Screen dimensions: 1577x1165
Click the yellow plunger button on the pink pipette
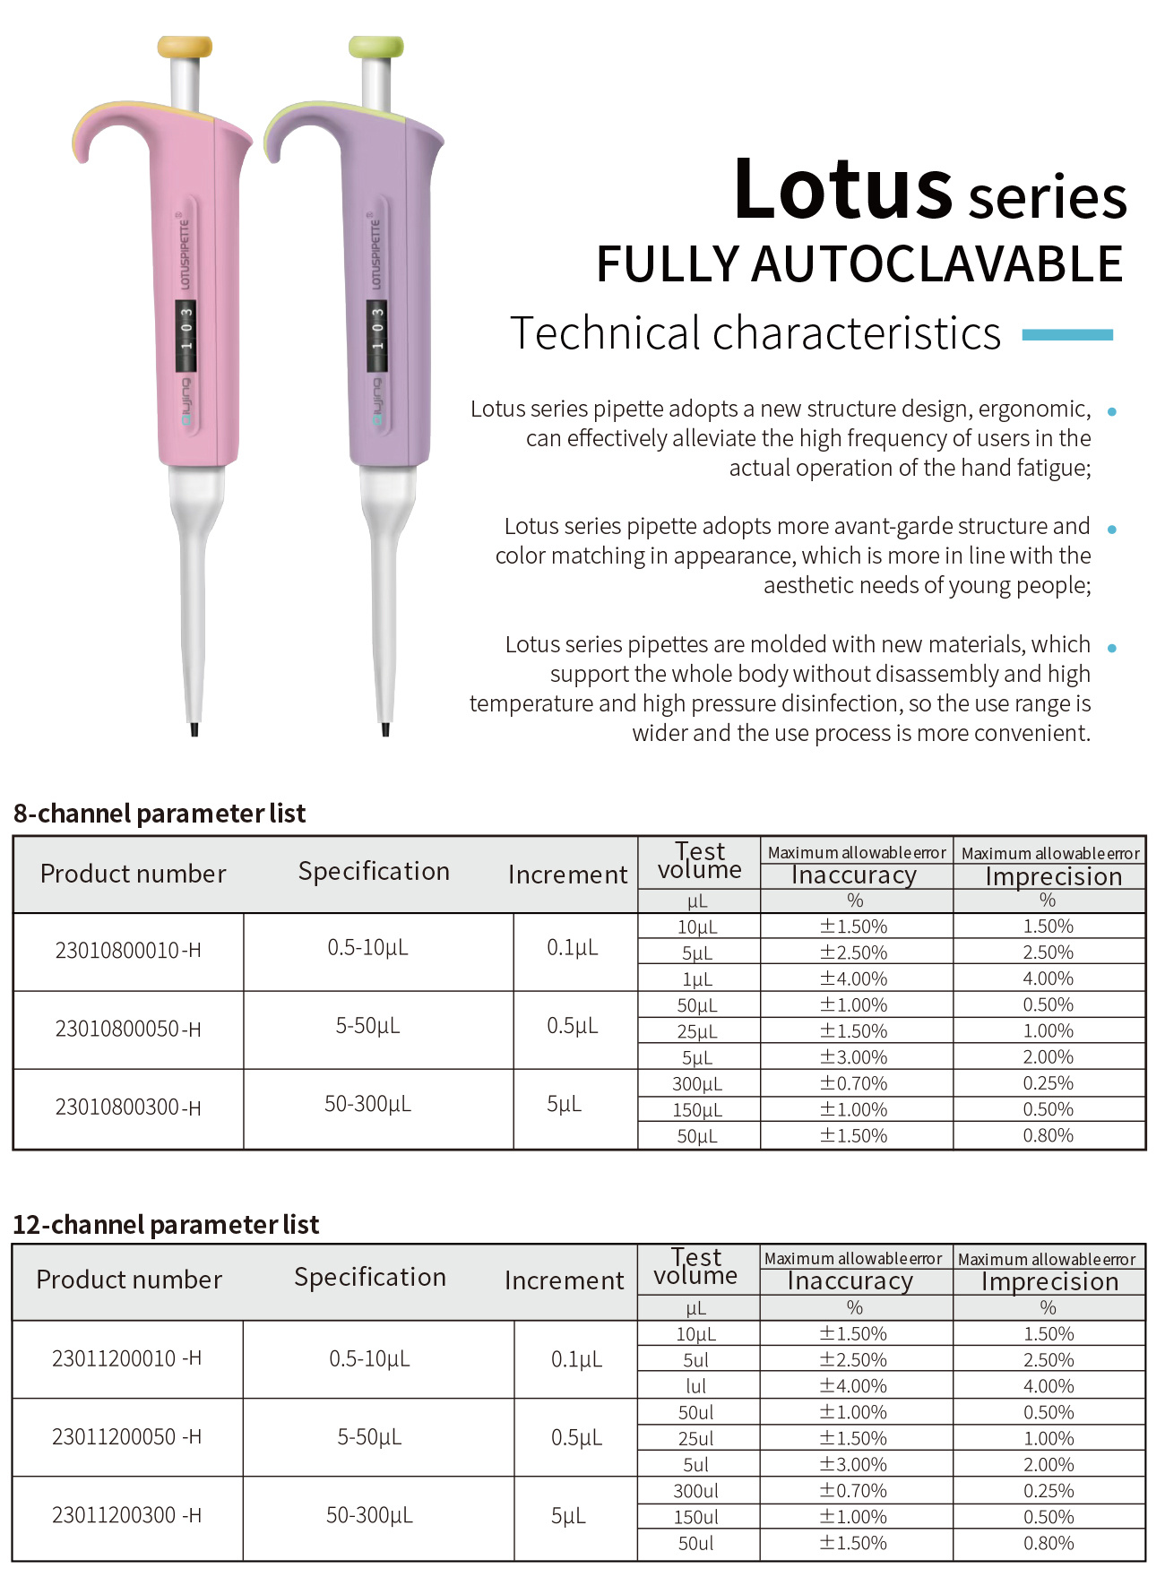[x=185, y=47]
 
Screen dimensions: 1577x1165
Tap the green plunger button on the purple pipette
[x=376, y=47]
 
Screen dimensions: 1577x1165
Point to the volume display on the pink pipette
[x=186, y=335]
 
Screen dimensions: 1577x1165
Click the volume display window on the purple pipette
[x=377, y=335]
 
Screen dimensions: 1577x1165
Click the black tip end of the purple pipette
[x=385, y=730]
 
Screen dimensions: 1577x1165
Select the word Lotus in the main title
[x=842, y=190]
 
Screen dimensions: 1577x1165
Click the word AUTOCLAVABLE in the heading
[x=936, y=264]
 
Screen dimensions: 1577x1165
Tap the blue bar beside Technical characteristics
[x=1067, y=335]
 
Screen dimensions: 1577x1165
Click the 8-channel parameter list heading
[x=160, y=814]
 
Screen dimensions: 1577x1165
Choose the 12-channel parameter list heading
[x=166, y=1225]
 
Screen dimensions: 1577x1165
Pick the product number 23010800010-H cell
[x=128, y=951]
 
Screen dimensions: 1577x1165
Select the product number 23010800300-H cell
[x=128, y=1108]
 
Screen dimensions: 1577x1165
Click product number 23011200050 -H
[x=126, y=1437]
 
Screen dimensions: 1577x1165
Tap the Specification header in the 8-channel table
[x=374, y=872]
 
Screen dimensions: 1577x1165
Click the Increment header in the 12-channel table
[x=564, y=1281]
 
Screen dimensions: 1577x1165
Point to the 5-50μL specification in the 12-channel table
[x=369, y=1437]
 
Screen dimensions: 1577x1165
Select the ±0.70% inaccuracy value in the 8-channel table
[x=854, y=1083]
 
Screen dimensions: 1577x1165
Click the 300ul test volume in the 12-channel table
[x=696, y=1491]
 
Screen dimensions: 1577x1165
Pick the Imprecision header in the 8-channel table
[x=1053, y=877]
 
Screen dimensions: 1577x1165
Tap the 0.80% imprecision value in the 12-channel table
[x=1048, y=1543]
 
